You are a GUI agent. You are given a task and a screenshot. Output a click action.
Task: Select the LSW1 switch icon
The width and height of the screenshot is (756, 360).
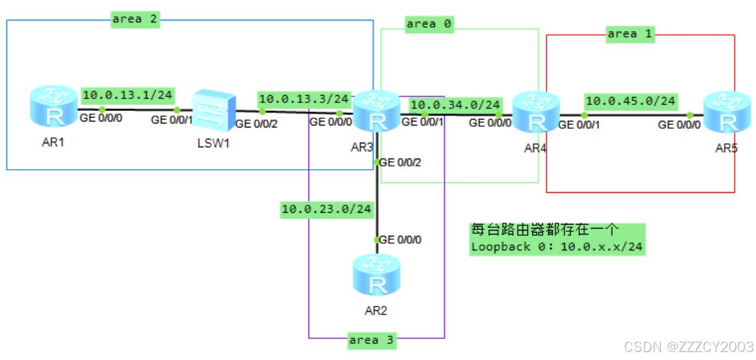213,112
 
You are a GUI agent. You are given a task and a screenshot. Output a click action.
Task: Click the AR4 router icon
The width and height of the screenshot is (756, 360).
536,113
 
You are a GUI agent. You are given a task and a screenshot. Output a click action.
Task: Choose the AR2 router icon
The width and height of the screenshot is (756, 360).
376,277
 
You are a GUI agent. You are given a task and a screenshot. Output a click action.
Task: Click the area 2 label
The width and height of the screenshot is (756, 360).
135,19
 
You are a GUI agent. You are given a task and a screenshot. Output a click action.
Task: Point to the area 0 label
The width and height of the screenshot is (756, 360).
429,24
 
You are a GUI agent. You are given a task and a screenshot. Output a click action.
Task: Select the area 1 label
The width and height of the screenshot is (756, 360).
630,34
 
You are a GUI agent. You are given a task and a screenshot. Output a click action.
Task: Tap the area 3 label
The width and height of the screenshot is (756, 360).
373,340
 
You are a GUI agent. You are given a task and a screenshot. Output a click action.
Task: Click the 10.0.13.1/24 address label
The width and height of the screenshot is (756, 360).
127,95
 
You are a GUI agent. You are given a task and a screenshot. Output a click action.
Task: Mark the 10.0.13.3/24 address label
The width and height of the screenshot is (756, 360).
304,99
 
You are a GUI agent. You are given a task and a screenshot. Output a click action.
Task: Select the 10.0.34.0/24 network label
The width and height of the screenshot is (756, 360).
455,105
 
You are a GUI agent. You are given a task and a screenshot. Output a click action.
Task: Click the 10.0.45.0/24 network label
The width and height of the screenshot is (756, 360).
631,101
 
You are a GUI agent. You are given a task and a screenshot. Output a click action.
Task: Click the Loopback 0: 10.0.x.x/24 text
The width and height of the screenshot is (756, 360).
557,248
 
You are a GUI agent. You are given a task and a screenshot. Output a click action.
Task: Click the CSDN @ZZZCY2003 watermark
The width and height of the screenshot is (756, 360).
689,347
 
